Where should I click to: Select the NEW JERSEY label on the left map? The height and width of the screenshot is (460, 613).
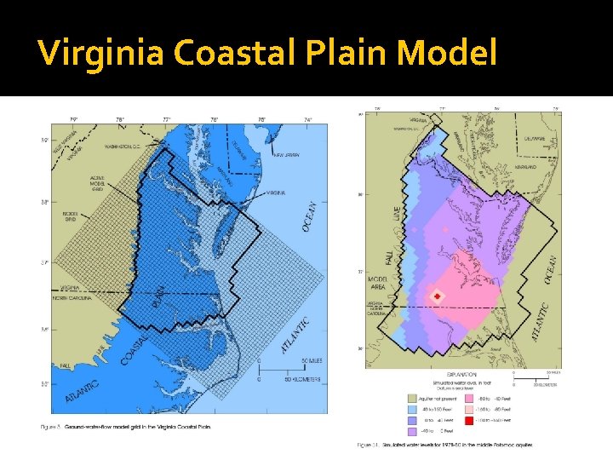click(287, 156)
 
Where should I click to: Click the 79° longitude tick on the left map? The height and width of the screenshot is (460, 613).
click(72, 119)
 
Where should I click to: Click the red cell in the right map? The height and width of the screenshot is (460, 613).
click(438, 296)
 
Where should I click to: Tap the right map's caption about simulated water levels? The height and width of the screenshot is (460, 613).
click(447, 445)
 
